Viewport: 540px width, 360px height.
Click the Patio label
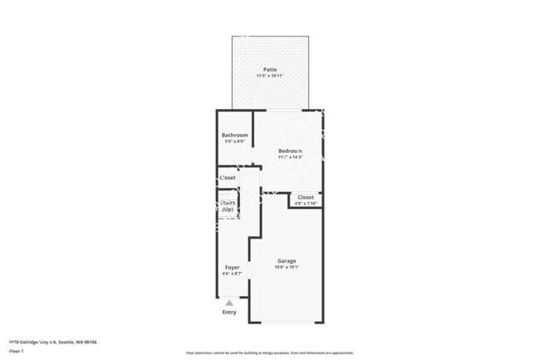point(269,70)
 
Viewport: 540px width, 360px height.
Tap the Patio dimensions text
point(269,76)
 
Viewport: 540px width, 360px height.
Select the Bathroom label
point(234,135)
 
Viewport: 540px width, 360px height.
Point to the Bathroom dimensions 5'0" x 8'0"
point(234,141)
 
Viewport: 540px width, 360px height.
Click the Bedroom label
point(290,150)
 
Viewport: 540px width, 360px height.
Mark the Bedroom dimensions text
point(290,157)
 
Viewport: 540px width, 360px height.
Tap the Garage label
point(287,261)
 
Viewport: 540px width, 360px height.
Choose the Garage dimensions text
point(287,268)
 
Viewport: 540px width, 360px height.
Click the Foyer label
point(232,267)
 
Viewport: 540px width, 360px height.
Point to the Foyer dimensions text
point(232,274)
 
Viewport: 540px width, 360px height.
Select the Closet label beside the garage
point(306,197)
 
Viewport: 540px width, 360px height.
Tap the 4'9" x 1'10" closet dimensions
point(306,204)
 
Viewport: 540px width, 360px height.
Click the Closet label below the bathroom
point(228,177)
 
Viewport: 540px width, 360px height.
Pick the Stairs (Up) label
point(227,205)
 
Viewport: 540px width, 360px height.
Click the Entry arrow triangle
point(229,303)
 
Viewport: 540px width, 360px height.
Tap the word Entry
point(229,313)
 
